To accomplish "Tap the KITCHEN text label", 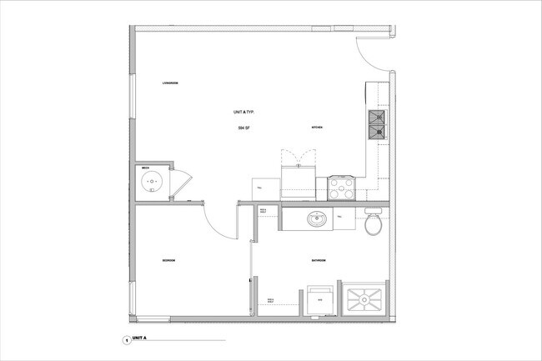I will [x=317, y=128].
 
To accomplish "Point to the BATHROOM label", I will [x=319, y=261].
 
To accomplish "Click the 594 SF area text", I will [x=243, y=128].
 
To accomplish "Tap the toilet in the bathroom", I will [x=374, y=223].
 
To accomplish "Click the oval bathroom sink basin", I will [x=317, y=220].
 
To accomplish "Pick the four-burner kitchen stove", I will [x=342, y=188].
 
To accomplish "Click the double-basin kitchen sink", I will [x=377, y=126].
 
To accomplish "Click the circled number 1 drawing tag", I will [x=126, y=340].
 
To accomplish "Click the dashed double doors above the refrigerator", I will [x=299, y=158].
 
